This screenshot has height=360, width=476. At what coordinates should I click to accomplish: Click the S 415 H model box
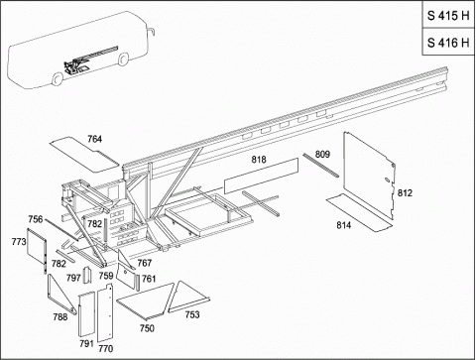448,15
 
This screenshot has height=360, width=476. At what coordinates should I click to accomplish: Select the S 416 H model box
448,42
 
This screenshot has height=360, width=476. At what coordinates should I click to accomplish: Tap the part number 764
94,139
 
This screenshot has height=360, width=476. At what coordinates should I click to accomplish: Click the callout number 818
259,160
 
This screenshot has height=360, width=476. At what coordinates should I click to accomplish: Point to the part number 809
322,155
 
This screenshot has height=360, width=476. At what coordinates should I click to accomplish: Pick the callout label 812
405,192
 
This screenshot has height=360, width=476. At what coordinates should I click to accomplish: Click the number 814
344,225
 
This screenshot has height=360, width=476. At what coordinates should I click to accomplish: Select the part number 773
19,242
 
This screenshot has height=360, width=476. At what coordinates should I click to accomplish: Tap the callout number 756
36,219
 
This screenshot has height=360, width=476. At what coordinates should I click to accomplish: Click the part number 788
60,317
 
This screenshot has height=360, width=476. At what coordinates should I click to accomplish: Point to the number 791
86,344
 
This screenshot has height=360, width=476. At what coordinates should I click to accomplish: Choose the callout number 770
106,348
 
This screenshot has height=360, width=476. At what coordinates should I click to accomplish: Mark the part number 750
147,328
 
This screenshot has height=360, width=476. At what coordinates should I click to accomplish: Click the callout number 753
192,314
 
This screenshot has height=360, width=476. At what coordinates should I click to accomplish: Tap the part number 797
73,278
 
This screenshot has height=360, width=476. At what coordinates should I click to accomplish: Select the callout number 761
149,279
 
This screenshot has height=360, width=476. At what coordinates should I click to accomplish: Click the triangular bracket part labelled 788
53,296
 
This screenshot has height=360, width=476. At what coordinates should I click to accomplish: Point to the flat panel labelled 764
84,154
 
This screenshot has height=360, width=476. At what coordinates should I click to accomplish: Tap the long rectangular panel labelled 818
261,176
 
